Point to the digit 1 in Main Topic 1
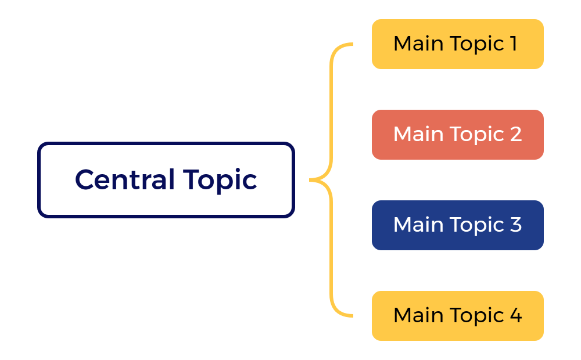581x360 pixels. point(514,44)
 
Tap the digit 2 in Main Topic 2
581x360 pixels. point(515,134)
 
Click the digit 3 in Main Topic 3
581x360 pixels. point(515,225)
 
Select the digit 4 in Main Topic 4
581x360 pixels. point(515,315)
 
